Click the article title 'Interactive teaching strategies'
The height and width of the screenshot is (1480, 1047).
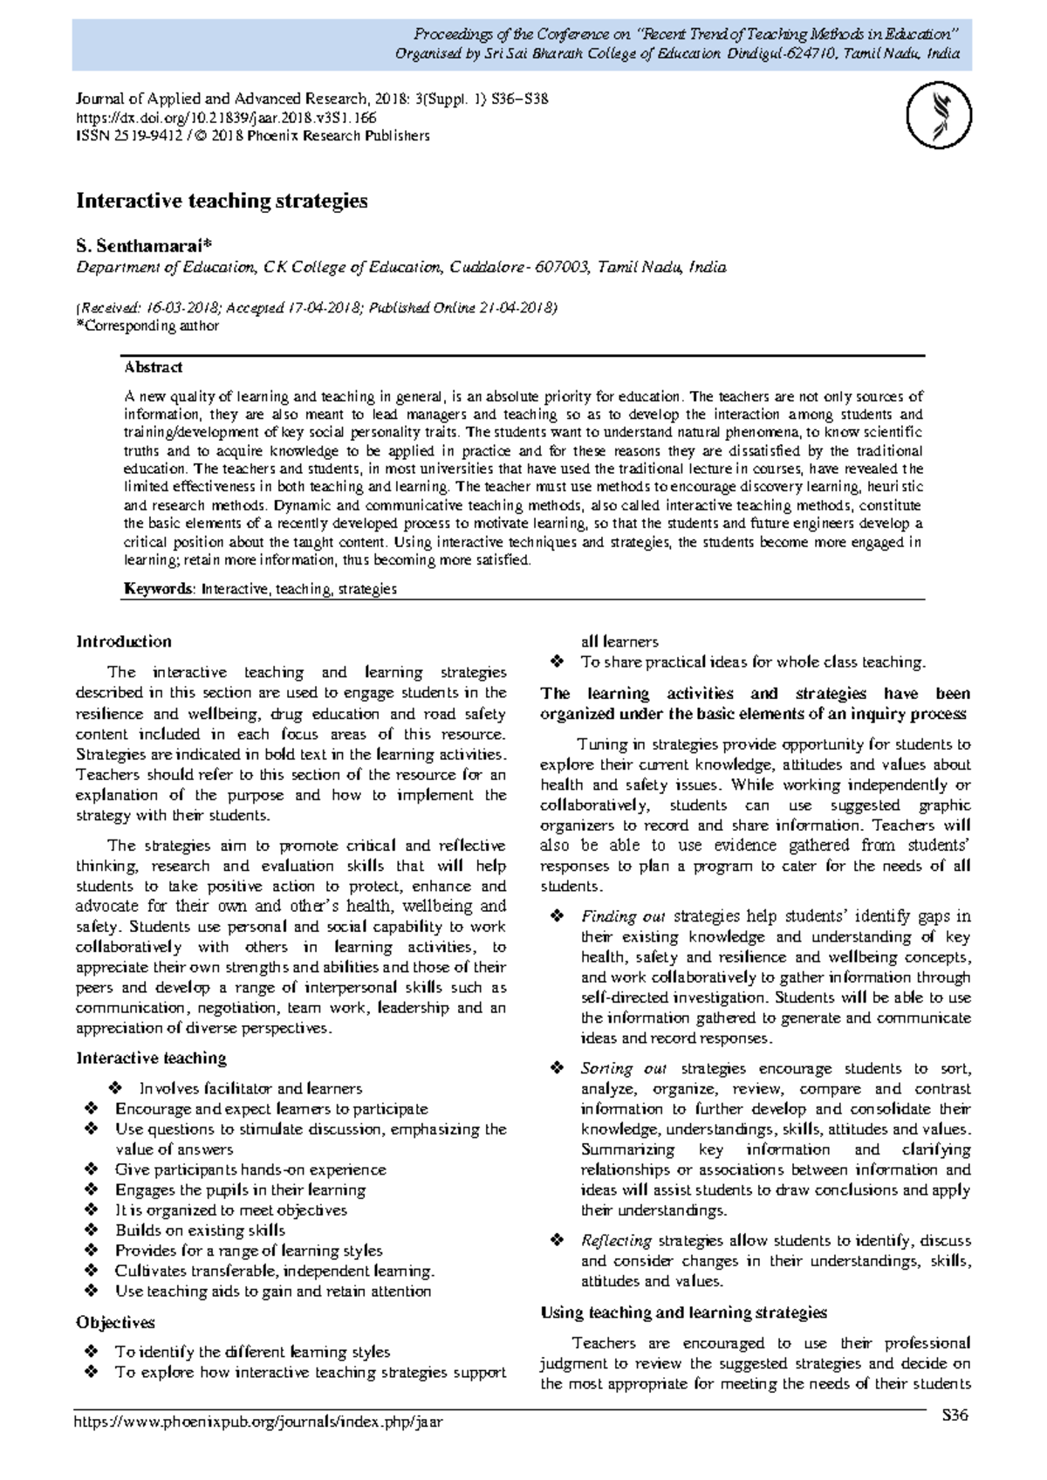click(222, 201)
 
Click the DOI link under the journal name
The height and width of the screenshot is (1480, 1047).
click(226, 117)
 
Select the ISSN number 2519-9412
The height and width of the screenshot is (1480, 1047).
click(138, 135)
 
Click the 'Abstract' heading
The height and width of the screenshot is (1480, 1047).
click(153, 367)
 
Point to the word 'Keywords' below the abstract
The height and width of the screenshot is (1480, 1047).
click(158, 589)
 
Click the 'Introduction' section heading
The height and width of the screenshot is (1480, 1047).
click(124, 641)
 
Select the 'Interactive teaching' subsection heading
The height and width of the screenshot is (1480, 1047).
click(151, 1058)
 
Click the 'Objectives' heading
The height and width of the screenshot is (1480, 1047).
click(115, 1322)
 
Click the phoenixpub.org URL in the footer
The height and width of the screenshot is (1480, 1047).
click(259, 1422)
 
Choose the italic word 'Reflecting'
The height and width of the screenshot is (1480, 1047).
click(616, 1240)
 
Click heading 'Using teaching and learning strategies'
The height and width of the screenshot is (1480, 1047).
click(683, 1312)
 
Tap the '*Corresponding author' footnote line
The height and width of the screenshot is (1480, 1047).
click(147, 325)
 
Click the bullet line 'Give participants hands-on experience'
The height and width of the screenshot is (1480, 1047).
click(250, 1169)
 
